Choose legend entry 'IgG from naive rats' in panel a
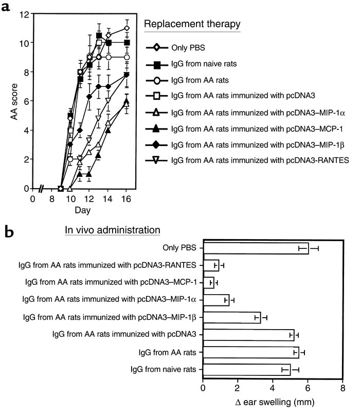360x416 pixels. (x=208, y=64)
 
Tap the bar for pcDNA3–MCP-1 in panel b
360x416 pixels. (x=208, y=282)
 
